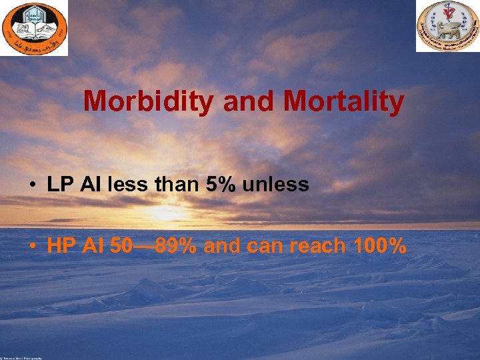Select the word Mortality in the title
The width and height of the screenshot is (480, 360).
[x=343, y=102]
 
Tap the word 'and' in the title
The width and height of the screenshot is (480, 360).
[x=250, y=102]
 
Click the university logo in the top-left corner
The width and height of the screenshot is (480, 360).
[x=34, y=28]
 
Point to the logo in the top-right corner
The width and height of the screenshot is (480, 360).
[x=447, y=26]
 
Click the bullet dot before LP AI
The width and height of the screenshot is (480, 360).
[x=32, y=185]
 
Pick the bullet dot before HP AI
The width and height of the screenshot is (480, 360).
[x=32, y=247]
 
